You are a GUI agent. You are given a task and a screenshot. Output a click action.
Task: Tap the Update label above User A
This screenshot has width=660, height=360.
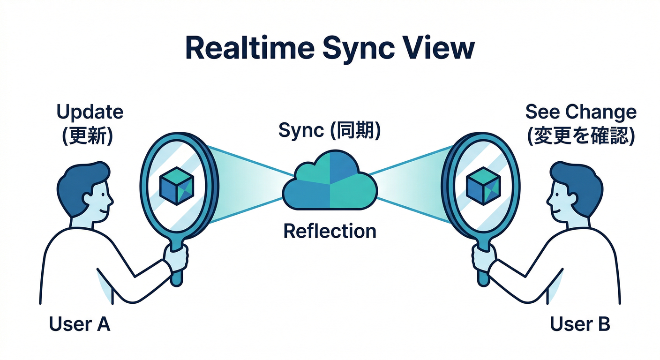coord(90,112)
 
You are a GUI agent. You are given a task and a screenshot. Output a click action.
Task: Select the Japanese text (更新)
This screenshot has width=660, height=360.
coord(87,135)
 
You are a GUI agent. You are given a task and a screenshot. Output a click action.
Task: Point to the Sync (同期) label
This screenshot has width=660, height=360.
coord(330,130)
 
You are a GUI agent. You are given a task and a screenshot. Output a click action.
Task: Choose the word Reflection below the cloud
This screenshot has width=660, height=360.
coord(330,231)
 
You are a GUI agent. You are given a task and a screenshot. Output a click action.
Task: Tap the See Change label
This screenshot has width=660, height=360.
coord(581,112)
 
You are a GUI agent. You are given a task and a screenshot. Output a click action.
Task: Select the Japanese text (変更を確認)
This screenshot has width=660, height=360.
coord(581,135)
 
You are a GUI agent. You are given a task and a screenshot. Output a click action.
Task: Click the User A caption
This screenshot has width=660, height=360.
coord(79,324)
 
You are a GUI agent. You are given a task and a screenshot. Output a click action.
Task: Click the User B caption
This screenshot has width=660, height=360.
coord(580,324)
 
